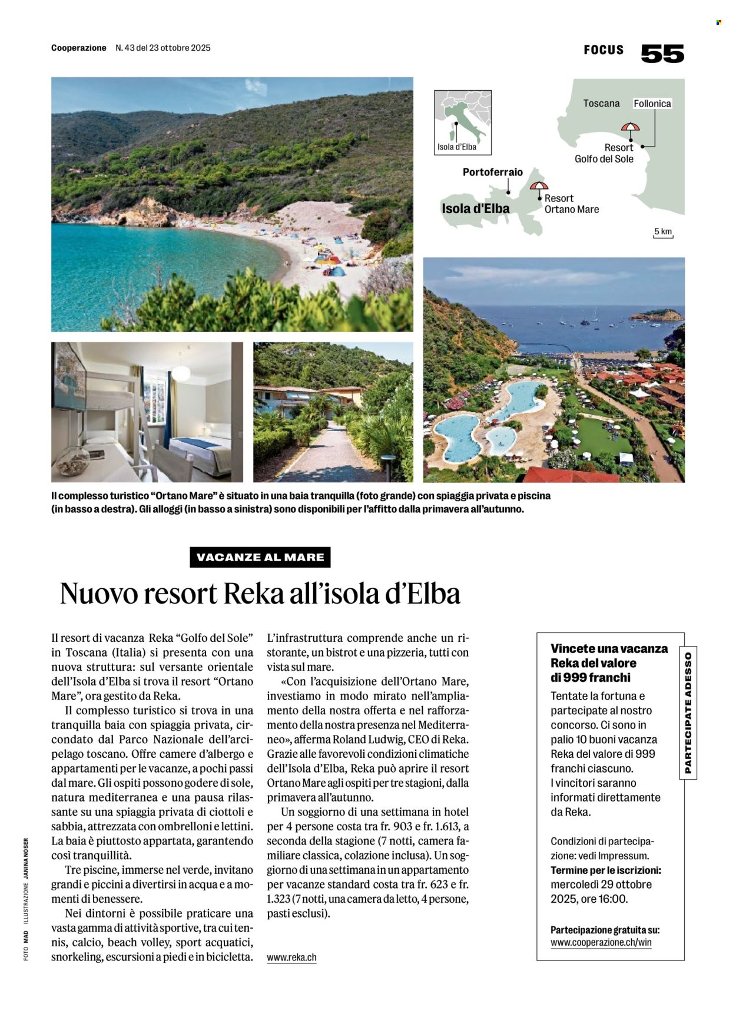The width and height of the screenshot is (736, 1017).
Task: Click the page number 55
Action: click(662, 53)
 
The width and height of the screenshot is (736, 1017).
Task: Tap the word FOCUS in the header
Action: click(604, 50)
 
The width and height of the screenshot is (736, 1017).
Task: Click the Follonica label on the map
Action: click(652, 104)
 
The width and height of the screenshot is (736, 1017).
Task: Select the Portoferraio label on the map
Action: click(492, 172)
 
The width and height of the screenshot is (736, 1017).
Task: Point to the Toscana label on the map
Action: click(601, 103)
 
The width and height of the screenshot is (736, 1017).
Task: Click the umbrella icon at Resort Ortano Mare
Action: click(538, 187)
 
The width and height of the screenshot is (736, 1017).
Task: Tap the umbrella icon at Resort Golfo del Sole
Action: click(630, 128)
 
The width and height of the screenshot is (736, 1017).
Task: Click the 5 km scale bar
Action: click(663, 233)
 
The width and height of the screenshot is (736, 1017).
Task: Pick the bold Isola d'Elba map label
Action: click(476, 208)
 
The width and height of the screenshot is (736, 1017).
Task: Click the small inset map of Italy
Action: click(463, 122)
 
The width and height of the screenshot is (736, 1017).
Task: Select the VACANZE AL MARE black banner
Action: click(260, 557)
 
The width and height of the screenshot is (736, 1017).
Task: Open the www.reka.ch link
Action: click(291, 958)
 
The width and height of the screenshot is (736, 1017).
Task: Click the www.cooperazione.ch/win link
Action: click(601, 942)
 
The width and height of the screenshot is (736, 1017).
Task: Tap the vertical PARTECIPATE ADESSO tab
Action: click(688, 713)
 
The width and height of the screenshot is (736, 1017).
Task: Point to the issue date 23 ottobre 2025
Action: click(178, 48)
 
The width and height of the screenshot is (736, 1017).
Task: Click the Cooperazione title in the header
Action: click(79, 48)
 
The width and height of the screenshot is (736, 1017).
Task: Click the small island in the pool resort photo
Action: click(655, 316)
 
